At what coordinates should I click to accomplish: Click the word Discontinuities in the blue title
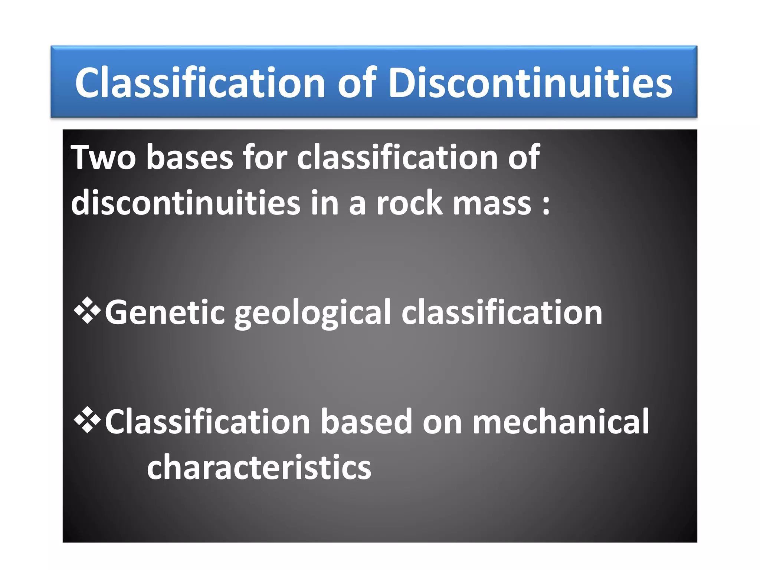[530, 83]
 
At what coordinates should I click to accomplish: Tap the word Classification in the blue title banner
[200, 83]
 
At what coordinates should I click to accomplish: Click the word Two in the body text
[103, 158]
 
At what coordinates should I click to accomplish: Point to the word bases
[190, 158]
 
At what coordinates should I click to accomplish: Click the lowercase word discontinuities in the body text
[186, 203]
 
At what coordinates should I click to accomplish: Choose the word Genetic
[165, 312]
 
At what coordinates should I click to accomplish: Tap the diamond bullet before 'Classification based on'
[87, 420]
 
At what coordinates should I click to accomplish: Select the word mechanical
[561, 422]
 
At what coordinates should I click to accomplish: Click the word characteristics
[259, 467]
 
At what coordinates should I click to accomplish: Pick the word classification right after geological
[502, 312]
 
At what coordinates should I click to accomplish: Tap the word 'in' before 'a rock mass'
[324, 203]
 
